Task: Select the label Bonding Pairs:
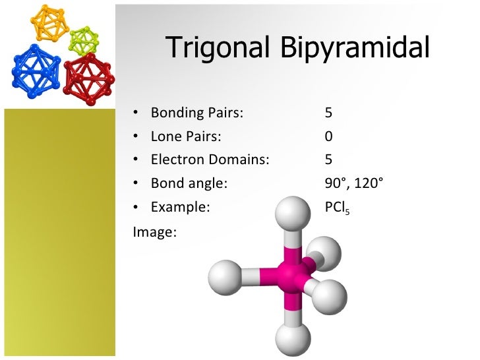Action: [x=197, y=113]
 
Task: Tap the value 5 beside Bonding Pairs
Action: [x=328, y=113]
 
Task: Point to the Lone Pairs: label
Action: [x=186, y=136]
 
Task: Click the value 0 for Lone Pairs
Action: [x=328, y=136]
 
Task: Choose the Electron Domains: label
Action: [x=210, y=160]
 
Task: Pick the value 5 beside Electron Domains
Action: [x=328, y=160]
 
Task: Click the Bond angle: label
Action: [x=189, y=183]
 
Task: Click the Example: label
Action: [x=180, y=207]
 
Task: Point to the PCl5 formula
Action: [x=338, y=208]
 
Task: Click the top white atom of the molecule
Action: [x=291, y=214]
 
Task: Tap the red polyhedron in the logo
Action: [x=88, y=74]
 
